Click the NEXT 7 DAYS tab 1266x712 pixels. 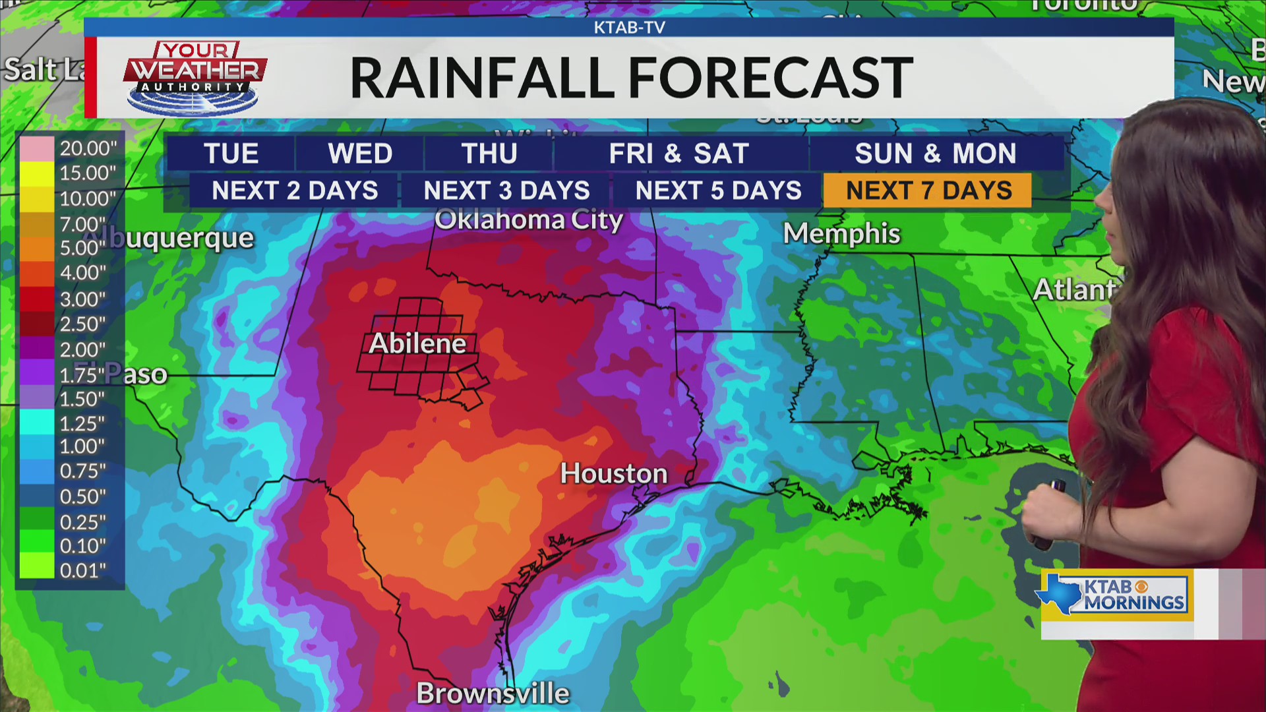click(x=928, y=191)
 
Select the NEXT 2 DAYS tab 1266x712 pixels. click(x=294, y=191)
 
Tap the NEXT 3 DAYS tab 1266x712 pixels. click(x=506, y=191)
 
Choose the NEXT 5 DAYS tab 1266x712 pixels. click(x=717, y=191)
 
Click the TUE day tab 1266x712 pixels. click(x=231, y=154)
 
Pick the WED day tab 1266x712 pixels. click(x=360, y=154)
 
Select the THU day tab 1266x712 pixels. click(x=489, y=154)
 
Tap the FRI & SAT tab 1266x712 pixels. click(x=678, y=154)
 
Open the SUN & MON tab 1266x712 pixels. click(x=935, y=154)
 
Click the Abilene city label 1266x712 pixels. click(x=417, y=343)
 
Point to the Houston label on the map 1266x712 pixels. click(x=613, y=473)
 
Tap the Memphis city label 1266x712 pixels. click(x=841, y=233)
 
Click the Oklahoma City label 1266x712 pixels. click(x=528, y=220)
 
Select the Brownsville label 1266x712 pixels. click(x=493, y=694)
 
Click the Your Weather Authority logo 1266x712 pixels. click(x=195, y=78)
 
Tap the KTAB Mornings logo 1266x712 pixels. click(x=1116, y=595)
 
